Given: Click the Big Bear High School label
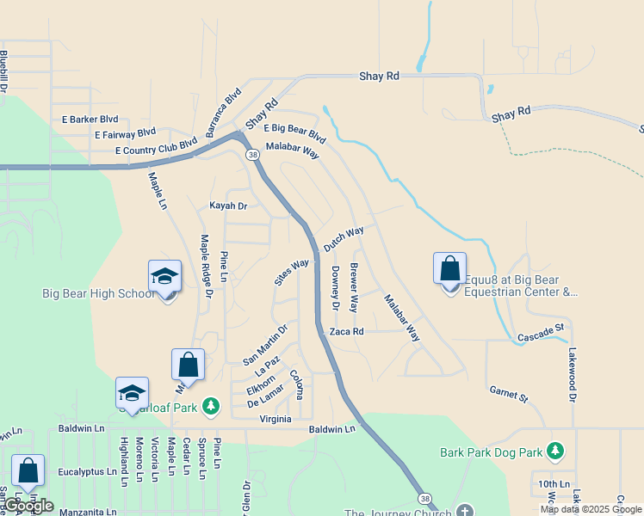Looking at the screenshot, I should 98,294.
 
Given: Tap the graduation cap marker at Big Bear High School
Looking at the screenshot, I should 164,277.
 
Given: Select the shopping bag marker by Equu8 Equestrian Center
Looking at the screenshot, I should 449,269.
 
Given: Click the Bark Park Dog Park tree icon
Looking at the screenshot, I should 555,451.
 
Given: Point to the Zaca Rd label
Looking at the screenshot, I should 347,331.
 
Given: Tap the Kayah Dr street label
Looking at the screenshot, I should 228,206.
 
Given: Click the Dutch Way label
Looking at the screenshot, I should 344,239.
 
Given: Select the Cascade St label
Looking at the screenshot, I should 541,329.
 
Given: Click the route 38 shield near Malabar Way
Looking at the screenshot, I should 252,155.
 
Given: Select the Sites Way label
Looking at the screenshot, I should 291,272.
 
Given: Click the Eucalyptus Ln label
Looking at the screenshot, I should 87,472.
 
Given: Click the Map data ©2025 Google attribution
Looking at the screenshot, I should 590,509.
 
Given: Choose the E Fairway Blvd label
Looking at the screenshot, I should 125,134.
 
